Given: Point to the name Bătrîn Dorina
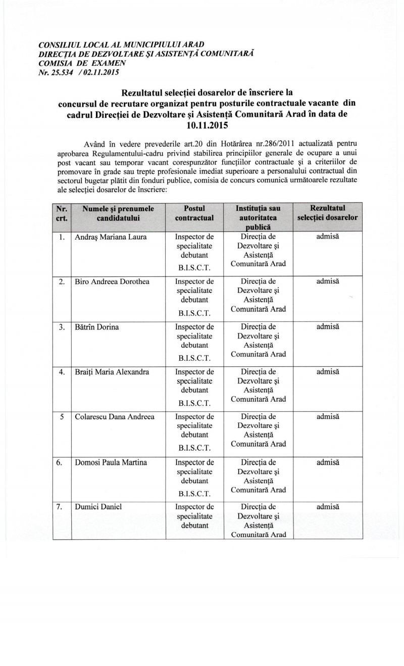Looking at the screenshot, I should click(x=97, y=327).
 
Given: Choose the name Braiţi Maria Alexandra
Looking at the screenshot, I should click(x=112, y=372).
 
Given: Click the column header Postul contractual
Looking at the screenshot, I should click(x=194, y=213).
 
